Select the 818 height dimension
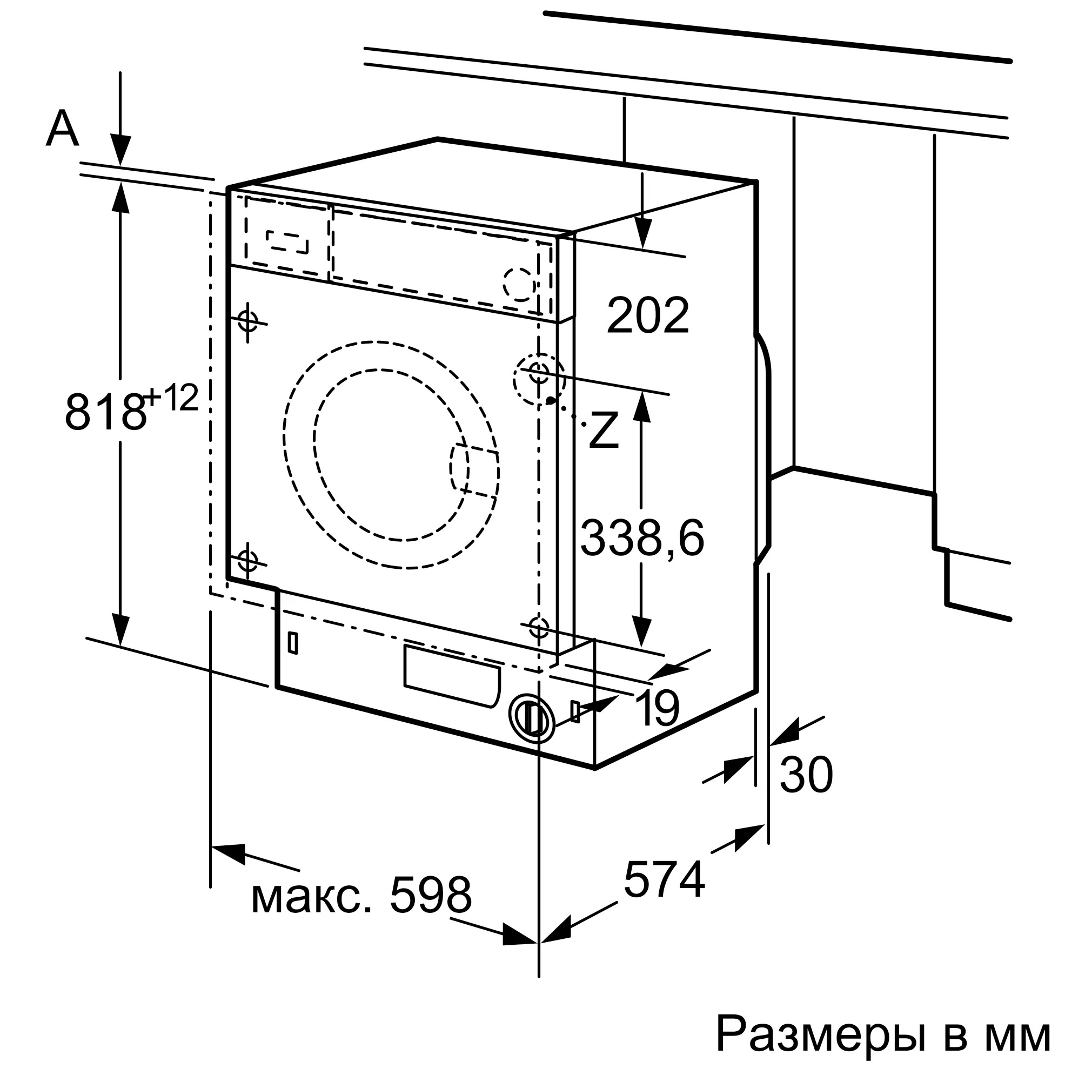[105, 412]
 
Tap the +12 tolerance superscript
[172, 399]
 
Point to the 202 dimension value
[648, 316]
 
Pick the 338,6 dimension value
[642, 539]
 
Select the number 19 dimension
[657, 709]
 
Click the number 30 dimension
[806, 775]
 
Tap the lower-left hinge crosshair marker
[247, 562]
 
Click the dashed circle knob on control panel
[520, 285]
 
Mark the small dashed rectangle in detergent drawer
[287, 242]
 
